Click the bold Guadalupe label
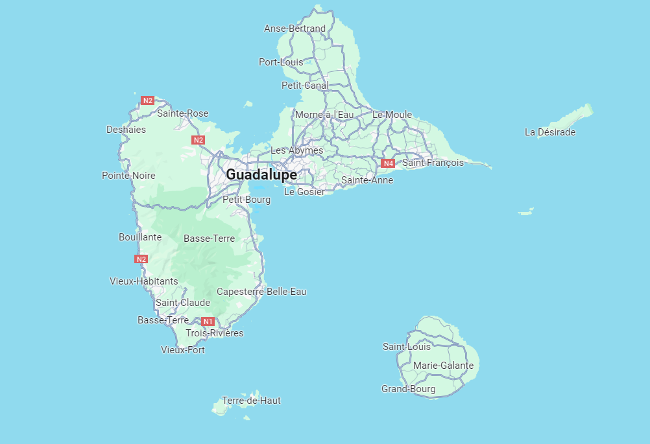tap(261, 175)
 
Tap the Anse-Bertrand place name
tap(295, 29)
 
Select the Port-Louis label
tap(281, 62)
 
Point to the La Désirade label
tap(550, 132)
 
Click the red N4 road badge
tap(388, 163)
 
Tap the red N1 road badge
tap(208, 321)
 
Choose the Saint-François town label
tap(433, 163)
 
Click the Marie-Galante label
tap(443, 366)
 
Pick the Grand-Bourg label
tap(409, 389)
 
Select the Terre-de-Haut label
tap(251, 401)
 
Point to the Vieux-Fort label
tap(183, 350)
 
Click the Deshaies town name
tap(126, 130)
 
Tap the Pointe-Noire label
tap(128, 176)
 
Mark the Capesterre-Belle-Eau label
tap(261, 292)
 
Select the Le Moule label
tap(392, 115)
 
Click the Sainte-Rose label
tap(183, 113)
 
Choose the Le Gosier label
tap(304, 192)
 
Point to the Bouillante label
tap(140, 237)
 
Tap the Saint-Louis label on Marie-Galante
tap(407, 347)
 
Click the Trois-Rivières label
tap(215, 333)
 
